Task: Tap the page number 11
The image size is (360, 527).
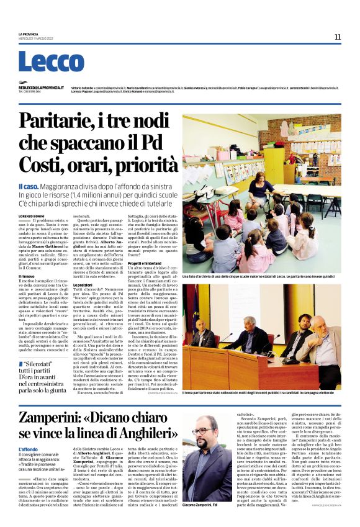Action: (338, 37)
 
